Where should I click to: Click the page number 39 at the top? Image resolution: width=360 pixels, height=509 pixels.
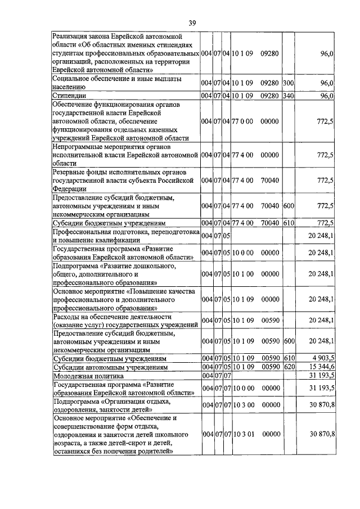tap(192, 22)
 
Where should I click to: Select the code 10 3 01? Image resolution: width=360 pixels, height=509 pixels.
tap(243, 434)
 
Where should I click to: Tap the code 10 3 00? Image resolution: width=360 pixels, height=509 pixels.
tap(243, 404)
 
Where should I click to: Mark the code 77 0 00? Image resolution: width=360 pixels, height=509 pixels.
tap(243, 121)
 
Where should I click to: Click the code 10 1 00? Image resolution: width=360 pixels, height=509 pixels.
tap(243, 274)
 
